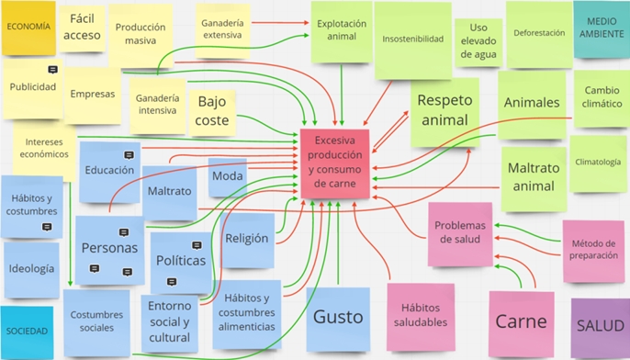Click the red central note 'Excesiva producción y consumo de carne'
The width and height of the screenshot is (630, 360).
[334, 163]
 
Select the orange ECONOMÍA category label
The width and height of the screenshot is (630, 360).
[28, 27]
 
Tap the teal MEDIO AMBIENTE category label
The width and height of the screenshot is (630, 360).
[602, 28]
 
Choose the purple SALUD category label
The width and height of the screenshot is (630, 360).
[600, 326]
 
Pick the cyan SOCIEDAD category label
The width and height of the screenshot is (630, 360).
[27, 331]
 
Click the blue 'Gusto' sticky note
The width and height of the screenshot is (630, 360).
[338, 318]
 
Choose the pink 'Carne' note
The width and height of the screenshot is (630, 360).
[521, 321]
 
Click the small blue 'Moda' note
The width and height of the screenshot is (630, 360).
[227, 175]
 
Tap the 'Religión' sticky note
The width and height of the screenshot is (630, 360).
[247, 239]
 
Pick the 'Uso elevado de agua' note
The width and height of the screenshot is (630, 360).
[478, 41]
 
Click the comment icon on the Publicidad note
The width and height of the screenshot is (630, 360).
[53, 70]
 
